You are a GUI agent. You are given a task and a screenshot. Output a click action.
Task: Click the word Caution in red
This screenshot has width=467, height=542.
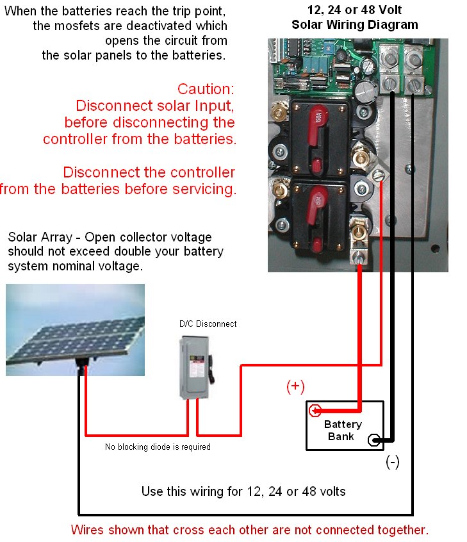pyautogui.click(x=206, y=89)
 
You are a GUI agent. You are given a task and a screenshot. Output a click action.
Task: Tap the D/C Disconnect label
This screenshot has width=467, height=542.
pyautogui.click(x=208, y=324)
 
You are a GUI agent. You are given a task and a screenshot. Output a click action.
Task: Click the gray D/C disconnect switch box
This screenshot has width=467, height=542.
pyautogui.click(x=195, y=368)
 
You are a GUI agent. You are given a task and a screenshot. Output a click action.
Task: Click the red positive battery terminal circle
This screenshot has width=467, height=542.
pyautogui.click(x=315, y=411)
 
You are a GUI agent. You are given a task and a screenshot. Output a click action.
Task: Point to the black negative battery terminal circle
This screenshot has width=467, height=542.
pyautogui.click(x=374, y=440)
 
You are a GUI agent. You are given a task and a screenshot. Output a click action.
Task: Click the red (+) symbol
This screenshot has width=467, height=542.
pyautogui.click(x=295, y=386)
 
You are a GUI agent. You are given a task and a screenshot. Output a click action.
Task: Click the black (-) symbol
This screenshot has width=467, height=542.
pyautogui.click(x=393, y=462)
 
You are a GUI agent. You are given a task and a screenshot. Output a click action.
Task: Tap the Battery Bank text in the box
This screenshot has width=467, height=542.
pyautogui.click(x=342, y=430)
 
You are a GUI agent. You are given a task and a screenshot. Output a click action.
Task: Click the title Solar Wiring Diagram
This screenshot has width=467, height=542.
pyautogui.click(x=355, y=24)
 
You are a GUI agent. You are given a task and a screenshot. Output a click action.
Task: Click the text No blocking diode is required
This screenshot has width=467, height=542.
pyautogui.click(x=158, y=447)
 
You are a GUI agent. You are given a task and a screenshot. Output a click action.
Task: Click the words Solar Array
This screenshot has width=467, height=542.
pyautogui.click(x=40, y=237)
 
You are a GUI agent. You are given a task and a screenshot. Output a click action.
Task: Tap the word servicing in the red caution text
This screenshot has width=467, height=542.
pyautogui.click(x=204, y=189)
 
